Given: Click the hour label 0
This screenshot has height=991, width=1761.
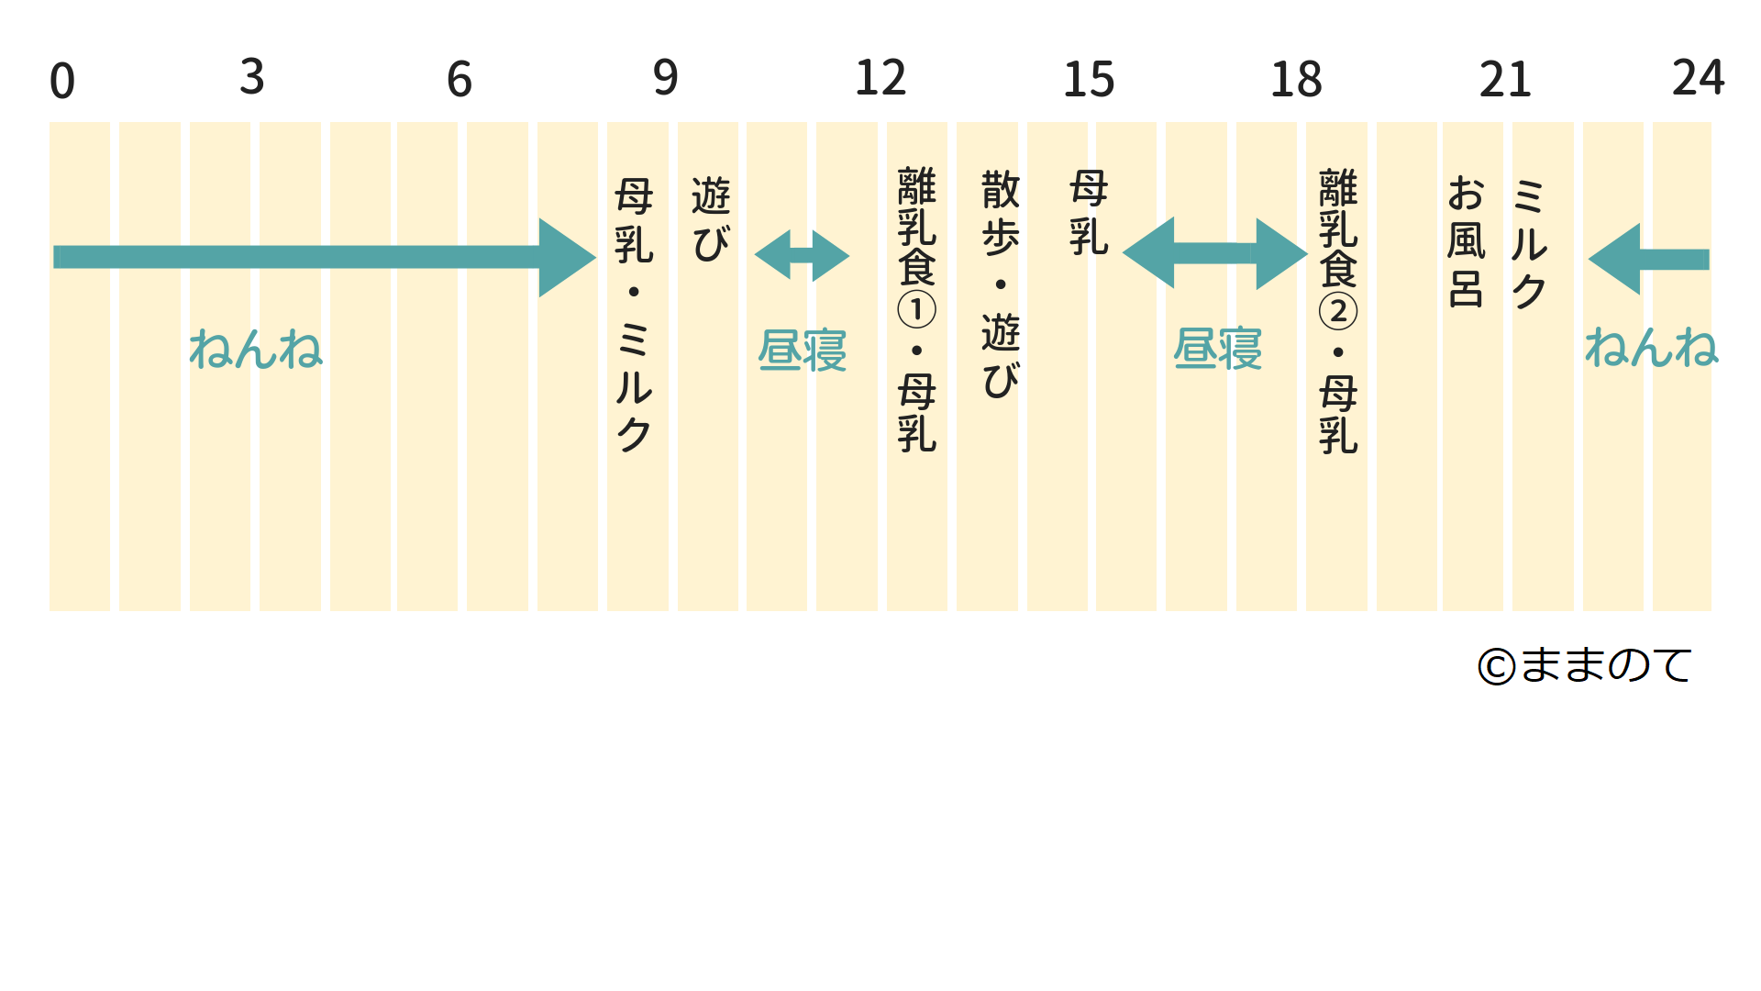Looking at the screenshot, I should point(62,81).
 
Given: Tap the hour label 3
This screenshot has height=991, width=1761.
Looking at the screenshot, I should point(252,77).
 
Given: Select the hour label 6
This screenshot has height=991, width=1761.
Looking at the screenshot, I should point(460,80).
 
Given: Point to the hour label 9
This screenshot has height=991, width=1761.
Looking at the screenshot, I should point(666,78).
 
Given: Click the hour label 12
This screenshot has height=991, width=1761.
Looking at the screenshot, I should point(880,78).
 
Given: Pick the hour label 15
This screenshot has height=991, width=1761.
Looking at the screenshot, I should point(1089,80).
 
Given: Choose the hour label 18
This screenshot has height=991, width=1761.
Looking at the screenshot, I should point(1296,80).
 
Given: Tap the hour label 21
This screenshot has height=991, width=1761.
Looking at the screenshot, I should point(1505,80).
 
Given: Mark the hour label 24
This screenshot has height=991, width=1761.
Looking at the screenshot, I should point(1698,77).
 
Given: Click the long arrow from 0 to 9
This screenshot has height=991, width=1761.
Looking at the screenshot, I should point(321,257).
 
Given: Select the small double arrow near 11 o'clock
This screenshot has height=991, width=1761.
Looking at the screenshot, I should point(802,255).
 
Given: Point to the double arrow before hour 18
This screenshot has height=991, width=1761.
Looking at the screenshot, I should point(1214,253).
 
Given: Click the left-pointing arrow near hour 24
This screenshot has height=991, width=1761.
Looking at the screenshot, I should point(1648,259).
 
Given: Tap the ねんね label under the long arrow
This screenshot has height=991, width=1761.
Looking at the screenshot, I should point(256,350).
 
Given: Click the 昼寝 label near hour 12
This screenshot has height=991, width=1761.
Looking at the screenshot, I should point(803,351).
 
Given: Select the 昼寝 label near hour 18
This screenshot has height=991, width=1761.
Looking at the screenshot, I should point(1218,350).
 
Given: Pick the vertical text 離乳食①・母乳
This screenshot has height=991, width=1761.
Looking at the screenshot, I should point(916,309).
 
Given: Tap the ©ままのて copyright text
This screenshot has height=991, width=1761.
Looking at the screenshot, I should point(1585,665).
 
